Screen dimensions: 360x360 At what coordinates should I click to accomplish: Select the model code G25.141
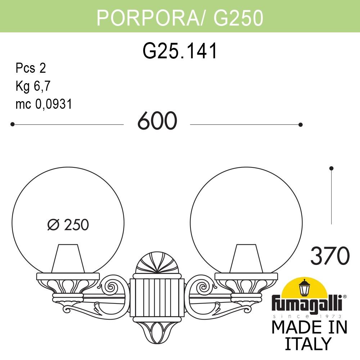pos(180,51)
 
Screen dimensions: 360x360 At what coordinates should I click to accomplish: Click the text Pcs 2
pos(31,68)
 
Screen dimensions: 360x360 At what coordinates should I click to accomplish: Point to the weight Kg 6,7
pos(33,86)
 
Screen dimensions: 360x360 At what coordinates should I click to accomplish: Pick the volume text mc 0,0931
pos(44,104)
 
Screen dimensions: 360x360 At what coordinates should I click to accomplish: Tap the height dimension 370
pos(330,256)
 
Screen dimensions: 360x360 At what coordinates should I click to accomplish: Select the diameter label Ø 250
pos(68,225)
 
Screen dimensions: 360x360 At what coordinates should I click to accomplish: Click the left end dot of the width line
pos(12,124)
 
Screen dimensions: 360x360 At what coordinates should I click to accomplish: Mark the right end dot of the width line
pos(301,125)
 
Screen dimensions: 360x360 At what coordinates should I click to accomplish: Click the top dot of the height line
pos(332,168)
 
